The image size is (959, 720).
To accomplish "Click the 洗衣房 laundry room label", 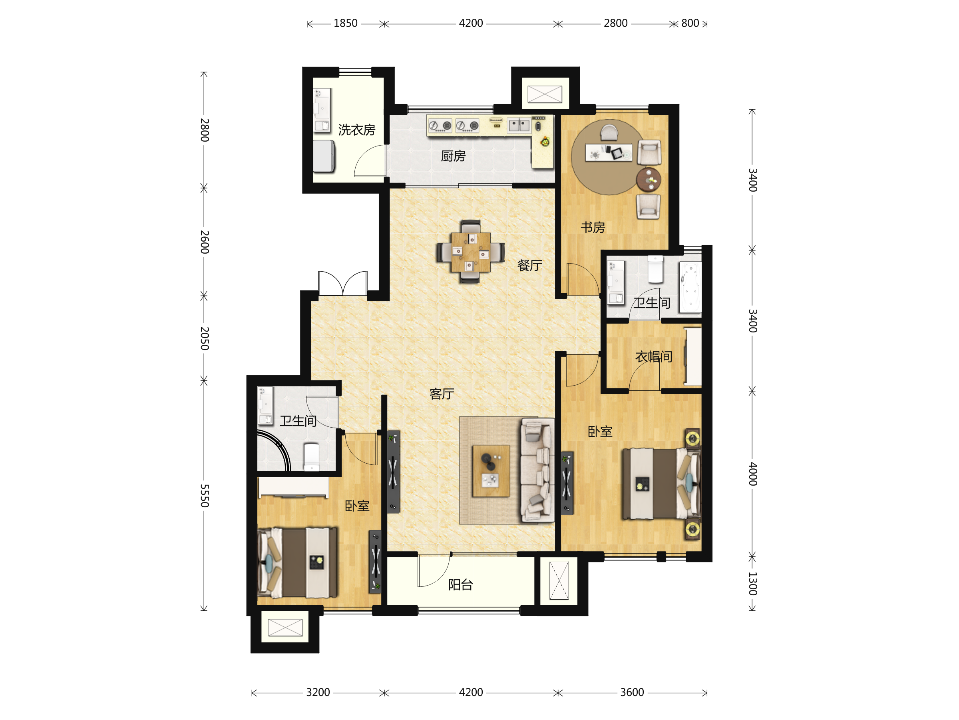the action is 356,130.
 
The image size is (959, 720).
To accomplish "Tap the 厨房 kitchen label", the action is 453,156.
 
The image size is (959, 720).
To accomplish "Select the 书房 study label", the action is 593,227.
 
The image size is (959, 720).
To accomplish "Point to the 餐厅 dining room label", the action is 529,265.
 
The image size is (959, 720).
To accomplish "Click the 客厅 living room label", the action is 442,394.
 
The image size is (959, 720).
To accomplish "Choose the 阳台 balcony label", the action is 460,584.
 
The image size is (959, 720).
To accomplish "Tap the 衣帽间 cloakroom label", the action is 654,357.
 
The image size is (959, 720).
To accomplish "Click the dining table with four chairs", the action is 470,252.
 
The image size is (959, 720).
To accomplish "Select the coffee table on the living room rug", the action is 491,470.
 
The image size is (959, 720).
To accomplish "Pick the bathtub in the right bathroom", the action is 690,287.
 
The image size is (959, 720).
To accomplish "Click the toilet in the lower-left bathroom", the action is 311,456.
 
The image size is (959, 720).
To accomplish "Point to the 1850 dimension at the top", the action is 345,24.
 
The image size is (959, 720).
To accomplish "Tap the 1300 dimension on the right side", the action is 753,584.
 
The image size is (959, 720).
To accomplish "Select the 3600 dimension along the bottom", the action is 632,692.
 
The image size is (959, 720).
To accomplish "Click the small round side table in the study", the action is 649,179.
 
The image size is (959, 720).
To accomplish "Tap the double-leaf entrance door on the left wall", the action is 343,283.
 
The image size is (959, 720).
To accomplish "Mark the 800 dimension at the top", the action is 690,24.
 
